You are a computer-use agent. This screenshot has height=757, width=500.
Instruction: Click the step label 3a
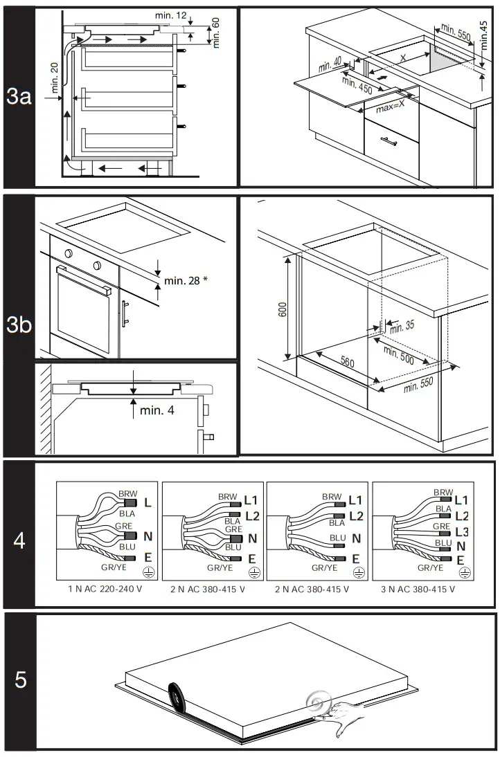click(x=19, y=97)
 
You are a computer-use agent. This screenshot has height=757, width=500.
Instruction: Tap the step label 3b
click(x=19, y=325)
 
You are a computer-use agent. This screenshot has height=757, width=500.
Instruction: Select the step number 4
click(x=19, y=540)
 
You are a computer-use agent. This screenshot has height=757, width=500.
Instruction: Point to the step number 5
click(x=21, y=680)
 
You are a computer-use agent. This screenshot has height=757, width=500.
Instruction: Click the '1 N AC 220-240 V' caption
click(x=106, y=589)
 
